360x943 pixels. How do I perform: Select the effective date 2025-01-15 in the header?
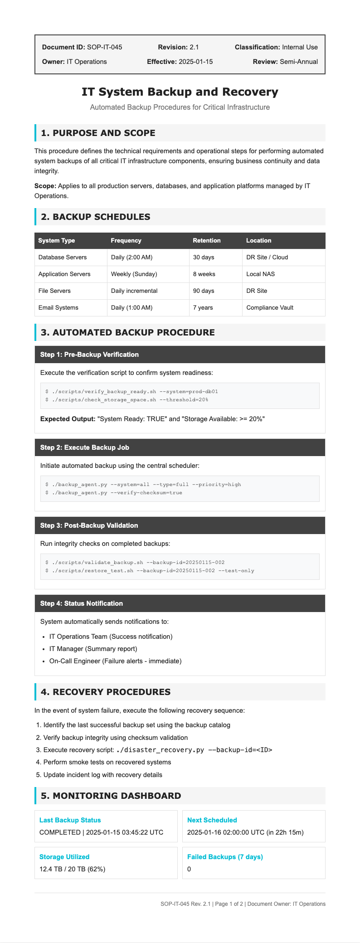point(195,62)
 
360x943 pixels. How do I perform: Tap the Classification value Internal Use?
point(300,47)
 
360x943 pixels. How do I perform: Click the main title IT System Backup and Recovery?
point(180,92)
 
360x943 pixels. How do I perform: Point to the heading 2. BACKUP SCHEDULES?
point(96,217)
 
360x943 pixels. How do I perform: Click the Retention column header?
point(207,241)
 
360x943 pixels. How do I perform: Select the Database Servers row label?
point(63,258)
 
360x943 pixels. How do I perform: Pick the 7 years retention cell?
point(203,308)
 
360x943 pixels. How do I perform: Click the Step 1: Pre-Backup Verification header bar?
point(180,355)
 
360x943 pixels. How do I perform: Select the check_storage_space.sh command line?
point(127,400)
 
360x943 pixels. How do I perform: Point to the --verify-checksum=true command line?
point(114,493)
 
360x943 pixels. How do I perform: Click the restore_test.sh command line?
point(150,571)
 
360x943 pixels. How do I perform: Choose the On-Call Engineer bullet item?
point(115,661)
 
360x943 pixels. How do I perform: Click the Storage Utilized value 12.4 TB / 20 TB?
point(73,869)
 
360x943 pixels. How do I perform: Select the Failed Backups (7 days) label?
point(225,857)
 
